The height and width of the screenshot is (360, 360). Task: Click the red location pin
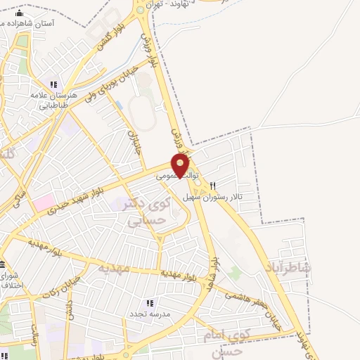click(181, 166)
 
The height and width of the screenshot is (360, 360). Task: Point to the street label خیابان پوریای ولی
click(117, 82)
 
